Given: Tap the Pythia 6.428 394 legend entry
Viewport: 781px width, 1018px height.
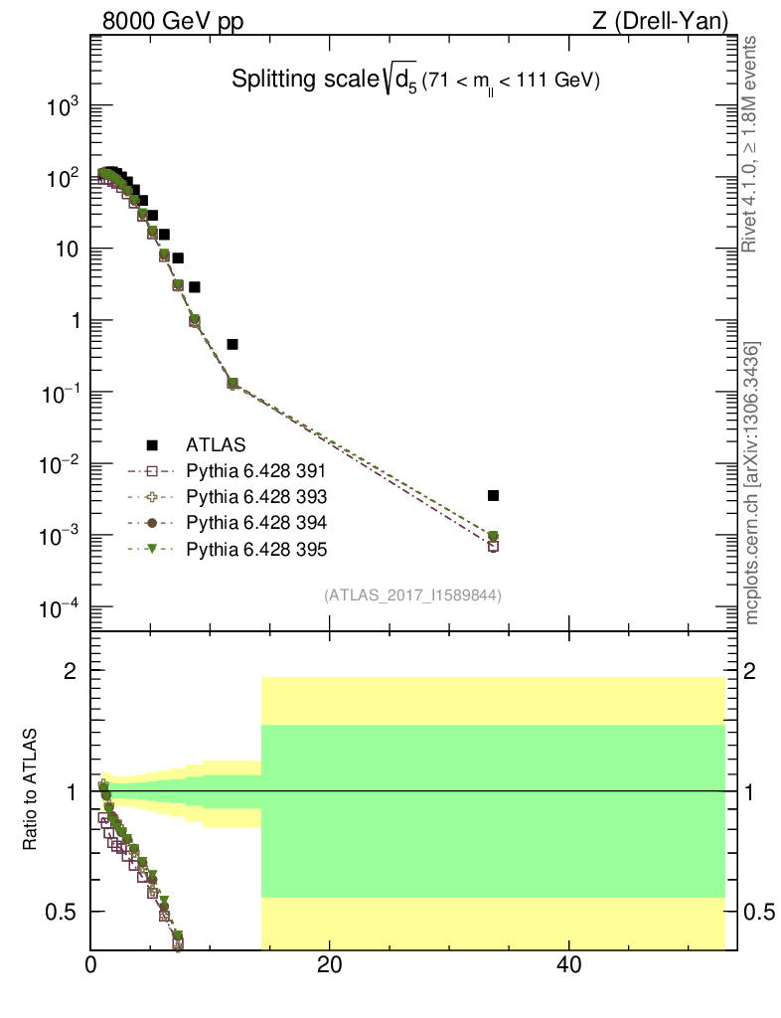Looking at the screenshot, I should click(256, 523).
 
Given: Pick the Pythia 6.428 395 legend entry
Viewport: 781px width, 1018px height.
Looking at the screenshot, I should click(256, 549).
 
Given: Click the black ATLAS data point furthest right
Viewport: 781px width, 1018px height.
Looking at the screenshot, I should click(493, 495).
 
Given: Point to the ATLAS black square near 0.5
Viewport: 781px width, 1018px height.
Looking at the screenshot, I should click(233, 344).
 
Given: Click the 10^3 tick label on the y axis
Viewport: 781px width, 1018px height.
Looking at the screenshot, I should click(63, 106).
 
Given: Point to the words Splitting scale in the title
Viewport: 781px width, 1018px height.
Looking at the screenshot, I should click(290, 80).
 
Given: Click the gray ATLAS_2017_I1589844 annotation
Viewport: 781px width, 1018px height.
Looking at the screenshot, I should click(411, 595).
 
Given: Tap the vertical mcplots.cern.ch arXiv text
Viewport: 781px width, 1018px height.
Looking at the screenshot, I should click(753, 482).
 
